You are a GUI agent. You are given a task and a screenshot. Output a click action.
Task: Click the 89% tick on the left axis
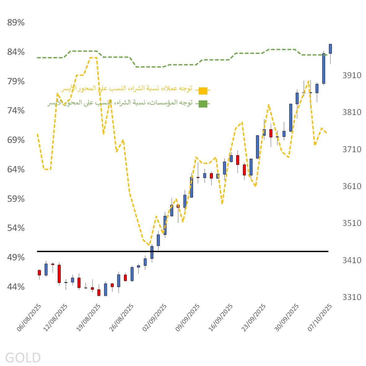pos(16,23)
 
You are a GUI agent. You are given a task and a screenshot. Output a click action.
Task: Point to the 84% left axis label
pos(16,52)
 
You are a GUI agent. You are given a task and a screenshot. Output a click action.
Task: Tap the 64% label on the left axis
pos(16,170)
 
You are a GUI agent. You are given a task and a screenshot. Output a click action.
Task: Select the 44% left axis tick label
pos(16,287)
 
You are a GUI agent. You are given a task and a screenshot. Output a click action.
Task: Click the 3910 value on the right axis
pos(352,75)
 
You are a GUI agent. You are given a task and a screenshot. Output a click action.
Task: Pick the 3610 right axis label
pos(352,186)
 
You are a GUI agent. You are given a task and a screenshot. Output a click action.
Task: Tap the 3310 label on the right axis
pos(352,298)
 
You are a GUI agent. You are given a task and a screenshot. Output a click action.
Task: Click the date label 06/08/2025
pos(29,318)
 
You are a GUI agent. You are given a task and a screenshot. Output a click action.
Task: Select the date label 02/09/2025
pos(154,318)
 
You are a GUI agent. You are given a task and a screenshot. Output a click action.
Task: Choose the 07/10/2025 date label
pos(320,318)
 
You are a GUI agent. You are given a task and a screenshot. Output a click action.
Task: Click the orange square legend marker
pos(203,91)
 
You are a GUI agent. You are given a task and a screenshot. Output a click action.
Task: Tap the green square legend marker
pos(203,104)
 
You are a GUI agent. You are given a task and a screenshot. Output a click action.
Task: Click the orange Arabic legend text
pos(127,89)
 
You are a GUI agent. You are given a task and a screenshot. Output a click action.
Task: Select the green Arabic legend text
pos(120,103)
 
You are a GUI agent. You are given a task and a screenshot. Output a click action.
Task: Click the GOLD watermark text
pos(23,358)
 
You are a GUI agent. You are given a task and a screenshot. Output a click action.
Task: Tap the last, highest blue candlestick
pos(330,49)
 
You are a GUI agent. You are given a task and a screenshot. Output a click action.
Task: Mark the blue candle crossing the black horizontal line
pos(152,252)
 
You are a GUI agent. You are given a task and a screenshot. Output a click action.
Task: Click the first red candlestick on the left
pos(39,272)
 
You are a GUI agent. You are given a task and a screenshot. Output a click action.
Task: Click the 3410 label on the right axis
pos(352,260)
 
